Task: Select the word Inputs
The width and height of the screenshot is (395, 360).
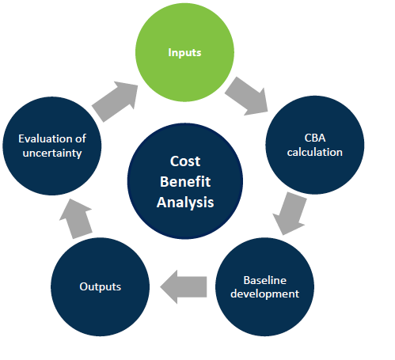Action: point(184,53)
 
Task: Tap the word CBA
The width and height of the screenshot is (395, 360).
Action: point(315,138)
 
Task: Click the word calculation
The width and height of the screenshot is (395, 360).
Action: point(315,152)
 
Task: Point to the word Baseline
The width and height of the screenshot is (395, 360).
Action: point(264,280)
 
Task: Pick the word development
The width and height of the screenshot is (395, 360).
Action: point(264,294)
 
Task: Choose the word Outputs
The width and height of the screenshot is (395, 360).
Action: point(101,286)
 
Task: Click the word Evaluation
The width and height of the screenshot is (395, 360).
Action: point(45,138)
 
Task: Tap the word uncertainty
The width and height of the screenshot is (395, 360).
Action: point(52,153)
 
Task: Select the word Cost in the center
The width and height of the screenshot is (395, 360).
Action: point(185,161)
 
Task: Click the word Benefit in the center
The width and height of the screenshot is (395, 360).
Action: point(185,181)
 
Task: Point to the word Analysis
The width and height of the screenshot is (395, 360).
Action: point(185,203)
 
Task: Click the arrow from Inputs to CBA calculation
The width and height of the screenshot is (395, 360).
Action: point(247,97)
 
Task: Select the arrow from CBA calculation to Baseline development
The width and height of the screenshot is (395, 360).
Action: point(290,214)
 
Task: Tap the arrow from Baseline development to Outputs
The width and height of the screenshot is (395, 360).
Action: point(184,286)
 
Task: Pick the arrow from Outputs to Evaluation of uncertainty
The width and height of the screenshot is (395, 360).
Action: point(76,219)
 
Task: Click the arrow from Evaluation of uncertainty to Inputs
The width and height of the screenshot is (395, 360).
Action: point(115,101)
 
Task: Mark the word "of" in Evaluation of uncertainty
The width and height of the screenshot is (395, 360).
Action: point(81,138)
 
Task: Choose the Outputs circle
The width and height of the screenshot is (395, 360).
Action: point(101,287)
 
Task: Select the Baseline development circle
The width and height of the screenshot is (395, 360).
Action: point(264,287)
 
